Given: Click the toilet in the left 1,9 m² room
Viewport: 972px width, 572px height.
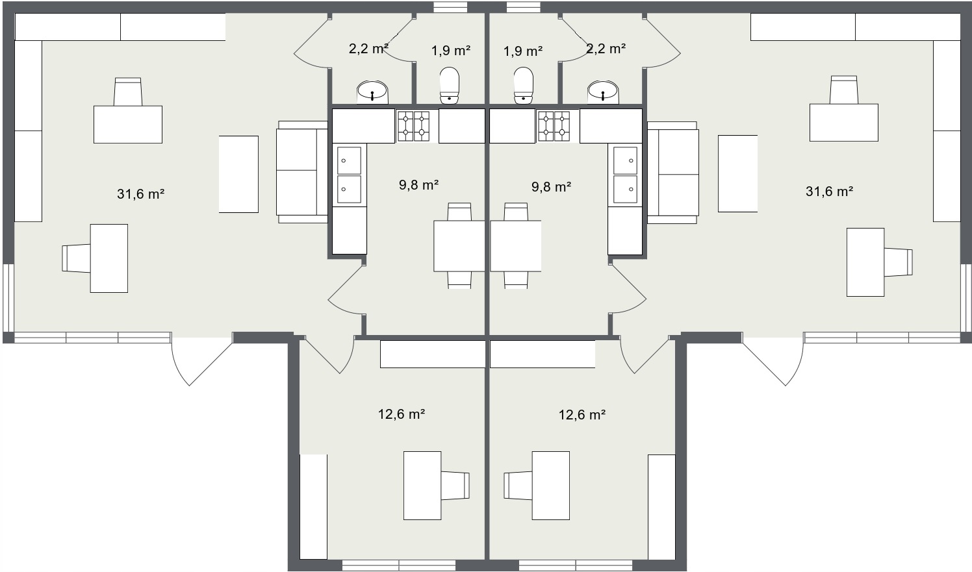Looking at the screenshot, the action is (x=449, y=86).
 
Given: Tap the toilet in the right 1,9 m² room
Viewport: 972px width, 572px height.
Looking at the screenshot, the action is (x=523, y=86).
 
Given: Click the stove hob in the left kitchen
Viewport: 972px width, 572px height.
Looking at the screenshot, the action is (x=413, y=126).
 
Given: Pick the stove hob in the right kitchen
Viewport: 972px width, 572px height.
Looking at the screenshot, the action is (x=554, y=126).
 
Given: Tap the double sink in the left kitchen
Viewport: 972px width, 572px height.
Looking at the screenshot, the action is (x=349, y=175).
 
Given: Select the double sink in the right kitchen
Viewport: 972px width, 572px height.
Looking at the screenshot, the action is (x=625, y=175).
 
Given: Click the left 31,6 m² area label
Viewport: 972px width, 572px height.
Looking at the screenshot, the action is (x=140, y=194).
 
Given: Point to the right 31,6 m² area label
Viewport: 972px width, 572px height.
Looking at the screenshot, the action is (x=829, y=192).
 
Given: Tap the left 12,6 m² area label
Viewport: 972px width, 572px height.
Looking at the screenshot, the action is (x=402, y=414).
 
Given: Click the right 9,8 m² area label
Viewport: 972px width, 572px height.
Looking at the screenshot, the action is (x=551, y=187).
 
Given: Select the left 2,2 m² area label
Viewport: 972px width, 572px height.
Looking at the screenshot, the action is (x=368, y=49).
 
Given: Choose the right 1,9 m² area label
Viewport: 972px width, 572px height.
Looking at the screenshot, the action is (x=523, y=51).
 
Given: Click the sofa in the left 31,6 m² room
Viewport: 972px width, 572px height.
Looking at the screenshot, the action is (x=302, y=172).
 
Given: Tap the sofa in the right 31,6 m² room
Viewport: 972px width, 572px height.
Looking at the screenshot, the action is (x=673, y=173).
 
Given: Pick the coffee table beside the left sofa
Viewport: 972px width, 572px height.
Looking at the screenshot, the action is (x=238, y=175).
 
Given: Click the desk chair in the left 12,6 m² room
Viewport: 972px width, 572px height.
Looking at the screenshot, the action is (x=455, y=485).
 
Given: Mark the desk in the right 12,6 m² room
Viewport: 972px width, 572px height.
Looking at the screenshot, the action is (x=551, y=485).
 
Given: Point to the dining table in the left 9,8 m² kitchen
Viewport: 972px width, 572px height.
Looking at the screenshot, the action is (x=459, y=246).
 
